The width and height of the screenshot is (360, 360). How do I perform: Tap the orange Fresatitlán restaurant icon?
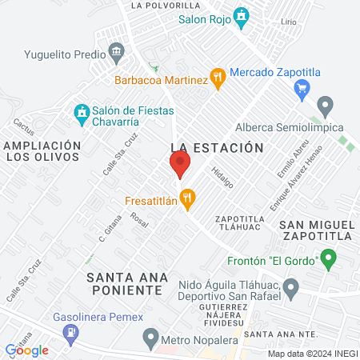click(x=188, y=198)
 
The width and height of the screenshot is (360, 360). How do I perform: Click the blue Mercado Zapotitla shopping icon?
click(x=302, y=87)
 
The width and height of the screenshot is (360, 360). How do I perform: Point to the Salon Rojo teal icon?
click(x=242, y=16)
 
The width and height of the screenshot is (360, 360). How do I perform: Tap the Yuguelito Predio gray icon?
click(x=117, y=54)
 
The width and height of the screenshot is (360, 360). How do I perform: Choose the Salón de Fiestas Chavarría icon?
click(x=80, y=112)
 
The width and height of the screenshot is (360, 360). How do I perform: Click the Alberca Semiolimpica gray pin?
click(x=325, y=105)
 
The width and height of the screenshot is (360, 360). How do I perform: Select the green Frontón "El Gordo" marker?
click(x=327, y=258)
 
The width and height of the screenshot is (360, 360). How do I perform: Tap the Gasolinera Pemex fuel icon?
click(x=71, y=332)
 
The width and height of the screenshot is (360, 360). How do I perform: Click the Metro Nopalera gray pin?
click(x=149, y=338)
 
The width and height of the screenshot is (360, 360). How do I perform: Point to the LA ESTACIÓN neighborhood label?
click(x=217, y=147)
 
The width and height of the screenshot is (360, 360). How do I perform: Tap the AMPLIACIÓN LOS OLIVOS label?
click(x=42, y=150)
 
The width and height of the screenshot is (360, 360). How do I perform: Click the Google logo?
click(x=26, y=350)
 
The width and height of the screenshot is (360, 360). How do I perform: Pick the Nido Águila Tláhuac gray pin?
click(x=290, y=286)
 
